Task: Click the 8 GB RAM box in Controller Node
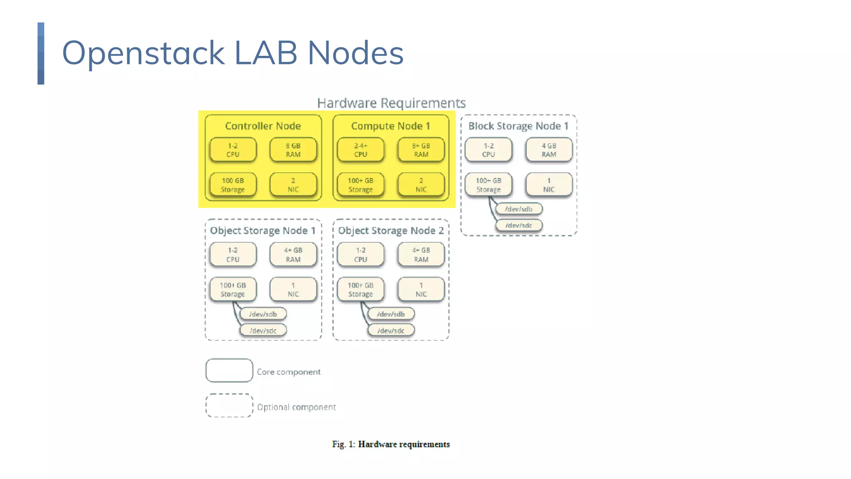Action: pos(293,150)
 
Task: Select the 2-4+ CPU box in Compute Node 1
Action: pos(360,150)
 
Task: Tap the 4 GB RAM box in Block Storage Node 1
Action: pos(548,150)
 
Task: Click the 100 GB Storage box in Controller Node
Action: pos(233,185)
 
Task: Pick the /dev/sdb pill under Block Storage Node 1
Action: pos(519,209)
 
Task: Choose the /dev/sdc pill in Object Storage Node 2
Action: pos(391,331)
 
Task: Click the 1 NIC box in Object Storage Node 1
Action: pos(293,289)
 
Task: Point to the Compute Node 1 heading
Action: pos(390,126)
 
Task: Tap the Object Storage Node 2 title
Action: pos(391,230)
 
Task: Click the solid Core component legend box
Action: pos(229,370)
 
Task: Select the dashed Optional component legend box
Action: pos(229,405)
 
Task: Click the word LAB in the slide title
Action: pos(266,53)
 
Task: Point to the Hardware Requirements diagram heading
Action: pos(391,103)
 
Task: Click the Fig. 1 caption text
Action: pos(391,444)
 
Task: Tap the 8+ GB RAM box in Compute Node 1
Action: pos(421,150)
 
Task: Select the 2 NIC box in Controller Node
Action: pos(293,185)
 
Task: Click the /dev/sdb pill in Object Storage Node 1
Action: pos(263,314)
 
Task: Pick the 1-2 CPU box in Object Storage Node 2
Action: pos(360,254)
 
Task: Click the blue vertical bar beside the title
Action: pos(41,53)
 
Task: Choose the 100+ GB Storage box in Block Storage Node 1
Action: pos(488,185)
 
